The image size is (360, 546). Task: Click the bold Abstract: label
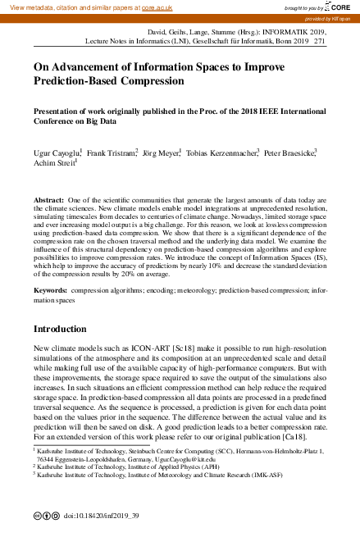click(48, 200)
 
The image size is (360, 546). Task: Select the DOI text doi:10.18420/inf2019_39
click(101, 516)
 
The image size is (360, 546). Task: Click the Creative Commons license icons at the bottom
click(46, 516)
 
